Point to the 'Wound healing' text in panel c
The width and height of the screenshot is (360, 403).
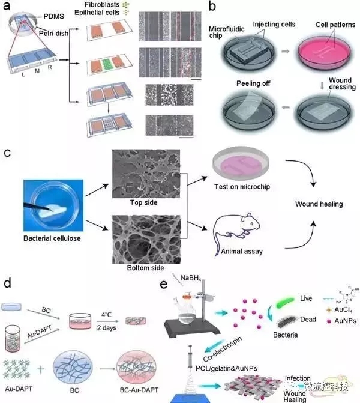pos(319,204)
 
